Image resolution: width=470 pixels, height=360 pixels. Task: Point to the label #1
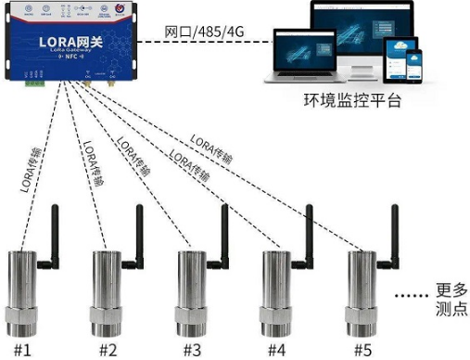[21, 350]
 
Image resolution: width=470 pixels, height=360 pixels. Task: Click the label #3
[191, 350]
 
